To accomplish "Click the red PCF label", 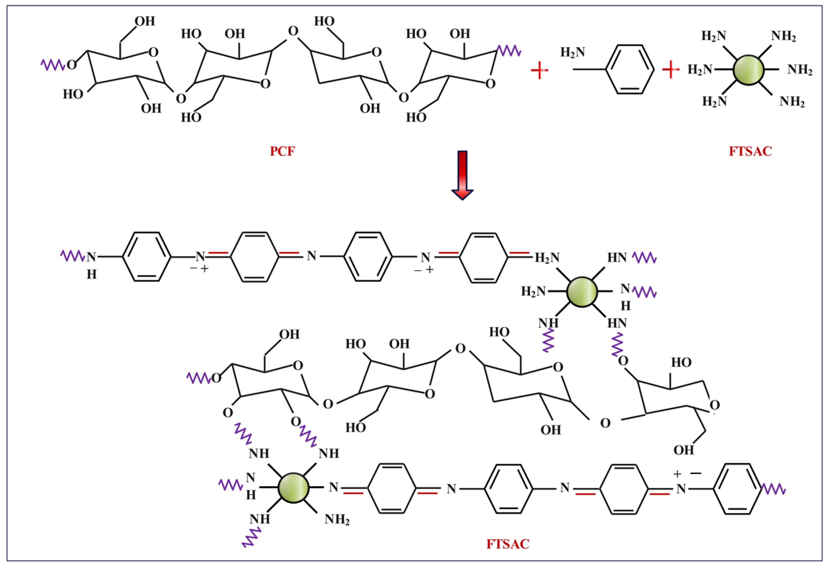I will tap(282, 151).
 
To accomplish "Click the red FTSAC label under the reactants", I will tap(750, 151).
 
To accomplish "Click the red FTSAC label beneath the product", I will tap(507, 544).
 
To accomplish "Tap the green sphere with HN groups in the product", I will tap(582, 292).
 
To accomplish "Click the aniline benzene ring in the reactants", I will tap(630, 69).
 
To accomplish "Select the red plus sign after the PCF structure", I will tap(539, 70).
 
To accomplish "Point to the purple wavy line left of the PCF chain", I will tap(53, 65).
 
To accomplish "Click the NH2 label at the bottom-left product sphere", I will tap(337, 519).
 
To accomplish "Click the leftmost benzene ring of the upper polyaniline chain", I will tap(146, 257).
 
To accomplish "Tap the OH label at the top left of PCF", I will tap(145, 21).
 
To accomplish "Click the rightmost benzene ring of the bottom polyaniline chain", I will tap(737, 489).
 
